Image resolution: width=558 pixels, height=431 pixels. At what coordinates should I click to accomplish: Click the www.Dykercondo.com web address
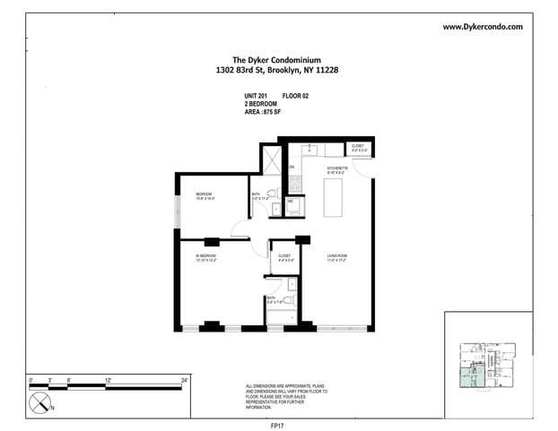point(483,27)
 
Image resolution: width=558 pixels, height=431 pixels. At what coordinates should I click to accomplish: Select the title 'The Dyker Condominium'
point(278,61)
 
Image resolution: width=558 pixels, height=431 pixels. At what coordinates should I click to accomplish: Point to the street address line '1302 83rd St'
point(278,71)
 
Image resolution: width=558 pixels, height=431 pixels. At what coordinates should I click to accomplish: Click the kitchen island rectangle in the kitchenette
point(335,196)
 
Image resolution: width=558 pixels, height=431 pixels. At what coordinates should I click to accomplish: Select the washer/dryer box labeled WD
point(292,204)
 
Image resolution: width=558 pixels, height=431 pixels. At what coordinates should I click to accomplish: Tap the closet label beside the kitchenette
point(357,147)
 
